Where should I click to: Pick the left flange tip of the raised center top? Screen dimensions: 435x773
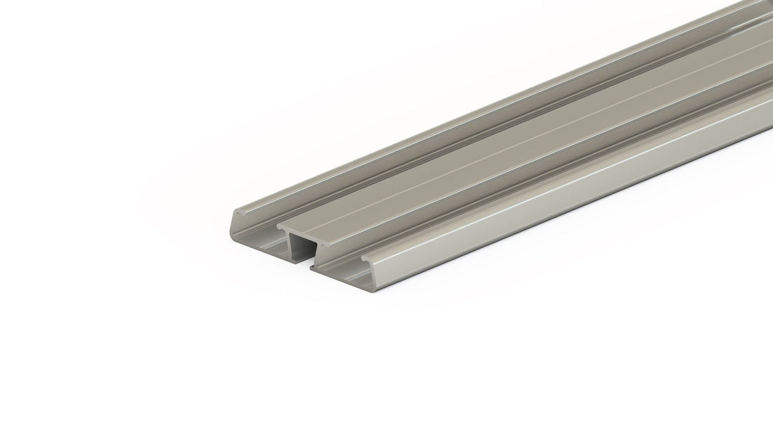click(280, 227)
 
